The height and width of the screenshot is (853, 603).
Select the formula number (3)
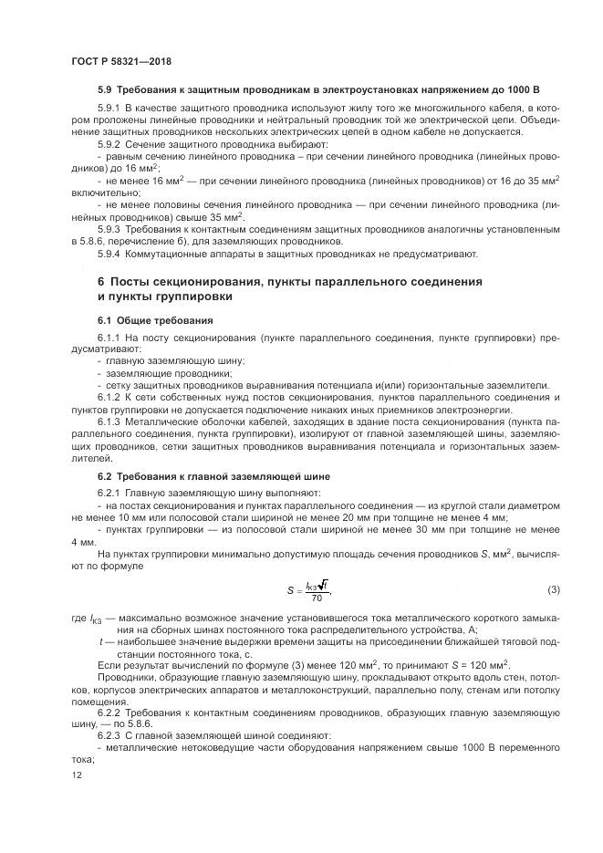pos(553,590)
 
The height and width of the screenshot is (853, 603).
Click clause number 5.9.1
pos(110,109)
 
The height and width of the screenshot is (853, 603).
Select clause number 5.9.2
pos(110,144)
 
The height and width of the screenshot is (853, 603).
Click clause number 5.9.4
pos(110,254)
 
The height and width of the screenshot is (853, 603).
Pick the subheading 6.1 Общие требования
pos(154,320)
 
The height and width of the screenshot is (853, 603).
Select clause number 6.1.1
pos(110,338)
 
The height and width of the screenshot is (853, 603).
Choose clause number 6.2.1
pos(110,494)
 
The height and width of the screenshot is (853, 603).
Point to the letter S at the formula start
pos(289,591)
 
